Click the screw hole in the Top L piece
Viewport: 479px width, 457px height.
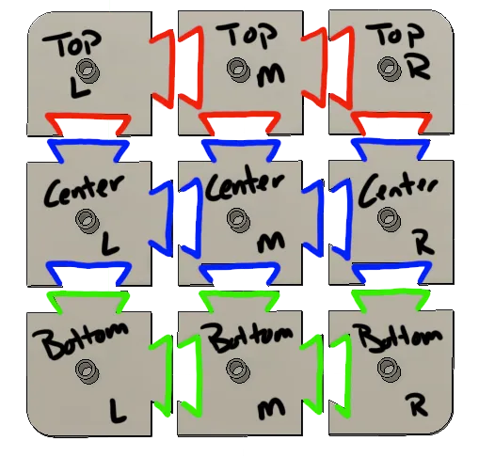pos(88,71)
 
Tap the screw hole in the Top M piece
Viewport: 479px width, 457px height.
pos(238,70)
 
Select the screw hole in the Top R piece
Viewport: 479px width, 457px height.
pos(390,69)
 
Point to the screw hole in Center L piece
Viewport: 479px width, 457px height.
pos(88,221)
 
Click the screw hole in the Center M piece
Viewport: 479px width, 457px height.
pos(238,220)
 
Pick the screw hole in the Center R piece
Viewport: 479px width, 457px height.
pos(390,219)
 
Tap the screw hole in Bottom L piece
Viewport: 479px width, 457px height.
pos(88,371)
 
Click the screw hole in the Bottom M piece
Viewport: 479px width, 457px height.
pos(238,370)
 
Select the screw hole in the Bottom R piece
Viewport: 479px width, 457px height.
pos(390,370)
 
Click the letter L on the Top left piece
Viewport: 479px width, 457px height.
pos(79,87)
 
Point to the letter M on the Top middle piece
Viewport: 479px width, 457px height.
pos(271,76)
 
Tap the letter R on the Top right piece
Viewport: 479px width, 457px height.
pos(419,68)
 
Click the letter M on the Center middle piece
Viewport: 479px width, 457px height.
pos(271,242)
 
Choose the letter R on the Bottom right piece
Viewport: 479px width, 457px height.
pos(417,405)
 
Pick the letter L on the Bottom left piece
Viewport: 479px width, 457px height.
pos(118,410)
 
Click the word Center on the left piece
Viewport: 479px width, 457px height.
pos(84,190)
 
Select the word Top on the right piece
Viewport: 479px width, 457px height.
pos(395,34)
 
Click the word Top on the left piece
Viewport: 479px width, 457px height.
pos(72,43)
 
